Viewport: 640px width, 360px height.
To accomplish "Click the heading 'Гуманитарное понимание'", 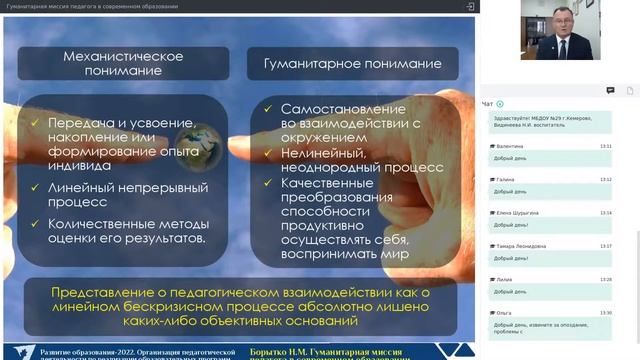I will [x=351, y=64].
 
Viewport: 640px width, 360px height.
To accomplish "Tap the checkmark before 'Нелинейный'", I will [x=268, y=154].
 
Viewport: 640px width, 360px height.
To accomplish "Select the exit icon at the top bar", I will [x=470, y=6].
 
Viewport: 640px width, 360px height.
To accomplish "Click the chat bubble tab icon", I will [x=610, y=90].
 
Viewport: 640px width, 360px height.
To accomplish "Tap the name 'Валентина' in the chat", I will [x=510, y=146].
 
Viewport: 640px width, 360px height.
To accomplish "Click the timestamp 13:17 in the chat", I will [x=606, y=246].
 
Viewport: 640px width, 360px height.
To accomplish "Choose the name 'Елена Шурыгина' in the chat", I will [x=517, y=213].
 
